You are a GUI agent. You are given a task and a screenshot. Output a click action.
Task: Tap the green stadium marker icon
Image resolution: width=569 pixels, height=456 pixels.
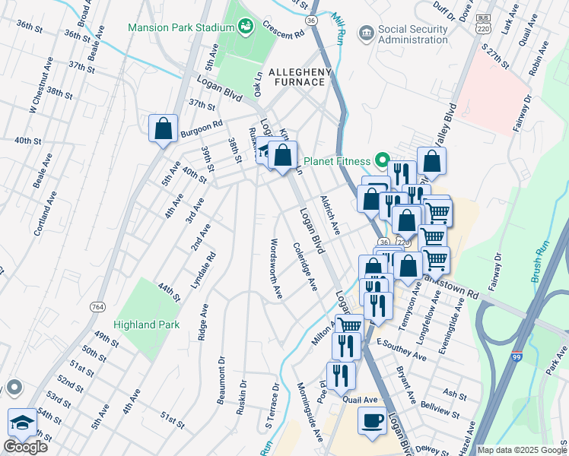245,27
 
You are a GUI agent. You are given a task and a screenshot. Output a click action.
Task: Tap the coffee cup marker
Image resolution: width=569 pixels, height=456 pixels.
371,421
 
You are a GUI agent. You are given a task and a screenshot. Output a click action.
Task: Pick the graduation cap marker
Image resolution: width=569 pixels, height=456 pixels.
21,423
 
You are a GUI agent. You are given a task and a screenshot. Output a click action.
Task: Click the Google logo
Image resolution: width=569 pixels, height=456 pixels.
25,446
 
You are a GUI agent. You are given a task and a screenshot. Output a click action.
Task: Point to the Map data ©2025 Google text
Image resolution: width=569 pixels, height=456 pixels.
522,450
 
